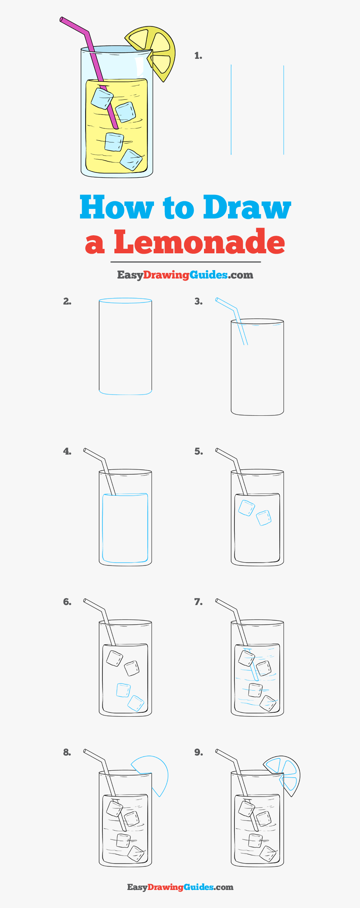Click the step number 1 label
click(198, 56)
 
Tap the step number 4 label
click(67, 451)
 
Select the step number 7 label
click(198, 602)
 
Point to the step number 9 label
click(198, 752)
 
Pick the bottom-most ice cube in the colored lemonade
click(131, 160)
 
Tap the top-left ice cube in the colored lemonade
click(102, 98)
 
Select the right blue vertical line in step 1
click(284, 110)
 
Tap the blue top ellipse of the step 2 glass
click(125, 301)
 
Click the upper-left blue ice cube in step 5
click(246, 508)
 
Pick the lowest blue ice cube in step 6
click(136, 703)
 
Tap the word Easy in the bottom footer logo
click(137, 887)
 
